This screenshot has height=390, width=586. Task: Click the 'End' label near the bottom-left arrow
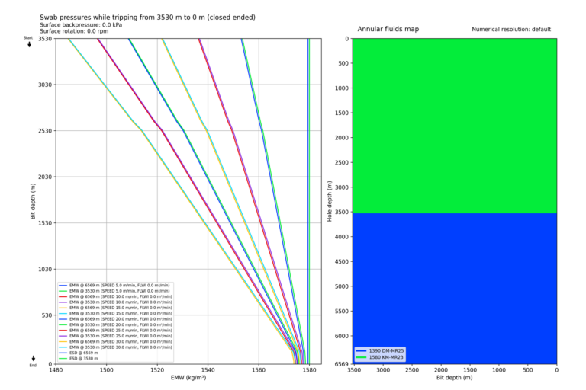coord(33,365)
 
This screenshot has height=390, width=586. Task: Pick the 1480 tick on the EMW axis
coord(56,371)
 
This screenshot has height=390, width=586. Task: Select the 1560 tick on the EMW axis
coord(259,371)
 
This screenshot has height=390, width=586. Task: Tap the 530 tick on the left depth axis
coord(45,315)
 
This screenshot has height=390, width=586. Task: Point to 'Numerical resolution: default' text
coord(511,30)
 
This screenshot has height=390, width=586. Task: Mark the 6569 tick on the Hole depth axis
coord(340,363)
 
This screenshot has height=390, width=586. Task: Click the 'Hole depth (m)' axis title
coord(329,201)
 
